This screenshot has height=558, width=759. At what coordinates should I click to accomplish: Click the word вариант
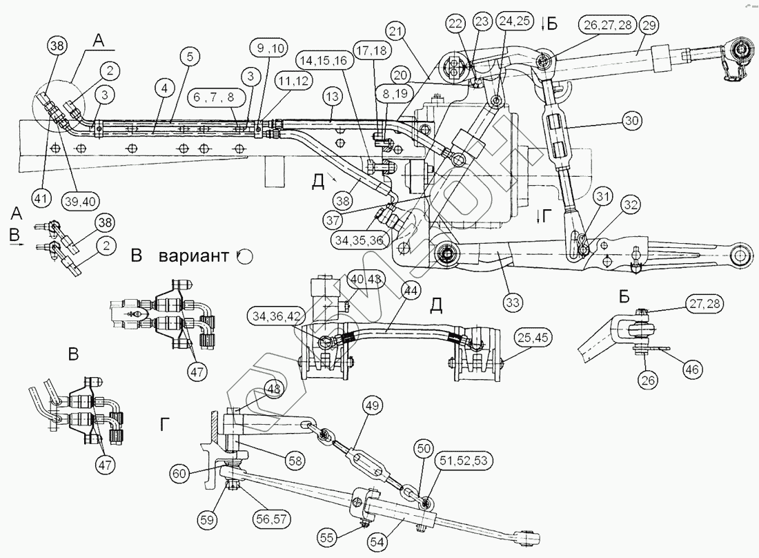coord(195,256)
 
